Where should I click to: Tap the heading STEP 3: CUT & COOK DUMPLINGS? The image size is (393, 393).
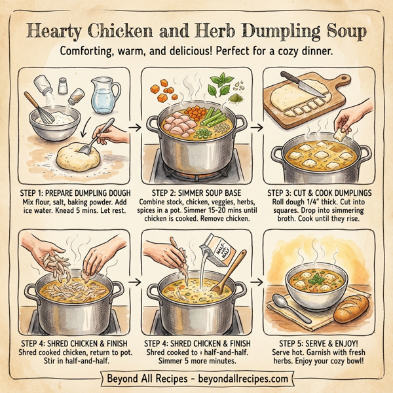pyautogui.click(x=323, y=193)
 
